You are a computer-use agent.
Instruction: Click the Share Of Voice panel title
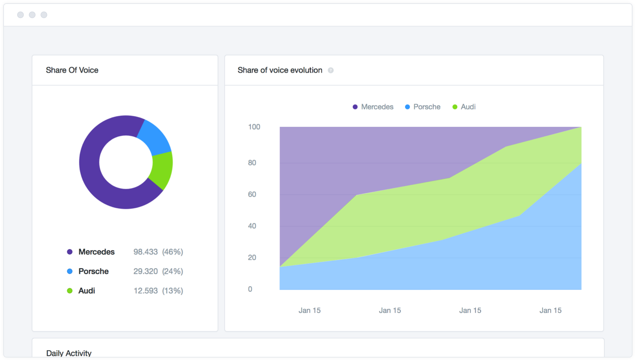(72, 70)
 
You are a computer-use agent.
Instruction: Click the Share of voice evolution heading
(280, 70)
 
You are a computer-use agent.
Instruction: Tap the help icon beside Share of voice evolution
(331, 71)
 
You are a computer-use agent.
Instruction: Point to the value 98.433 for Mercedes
(146, 252)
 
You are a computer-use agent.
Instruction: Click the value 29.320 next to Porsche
(146, 271)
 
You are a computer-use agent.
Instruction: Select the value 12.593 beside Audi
(146, 291)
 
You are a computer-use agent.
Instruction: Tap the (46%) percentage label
(173, 252)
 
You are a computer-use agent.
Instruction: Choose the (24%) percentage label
(173, 271)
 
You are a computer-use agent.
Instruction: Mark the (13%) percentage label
(173, 291)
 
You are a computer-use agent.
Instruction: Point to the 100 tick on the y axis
(254, 127)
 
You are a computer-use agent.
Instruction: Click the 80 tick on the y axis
(252, 163)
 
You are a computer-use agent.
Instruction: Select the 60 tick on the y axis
(252, 195)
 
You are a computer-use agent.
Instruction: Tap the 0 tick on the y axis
(250, 289)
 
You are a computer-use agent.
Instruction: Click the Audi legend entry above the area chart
(464, 107)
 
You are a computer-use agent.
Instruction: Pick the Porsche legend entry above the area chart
(423, 107)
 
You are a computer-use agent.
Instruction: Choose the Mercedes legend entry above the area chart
(373, 107)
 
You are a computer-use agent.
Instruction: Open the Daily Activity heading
(69, 353)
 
